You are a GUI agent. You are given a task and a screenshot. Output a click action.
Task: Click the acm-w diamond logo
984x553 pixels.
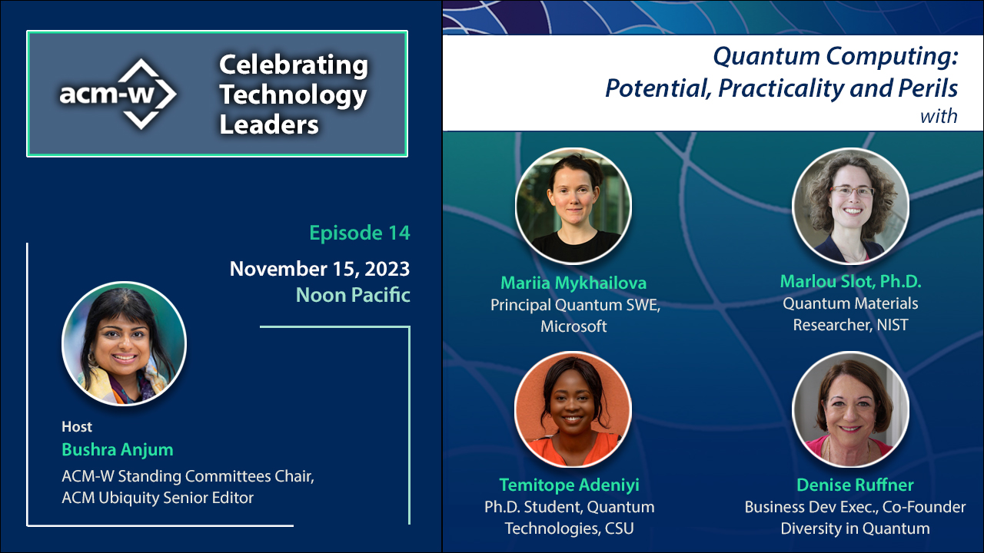(x=120, y=94)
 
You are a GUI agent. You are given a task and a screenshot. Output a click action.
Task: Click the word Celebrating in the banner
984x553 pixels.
(x=293, y=65)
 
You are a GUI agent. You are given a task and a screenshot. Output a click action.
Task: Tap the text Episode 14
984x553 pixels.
(x=359, y=233)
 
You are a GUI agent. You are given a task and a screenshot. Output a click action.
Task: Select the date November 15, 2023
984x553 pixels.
(x=319, y=269)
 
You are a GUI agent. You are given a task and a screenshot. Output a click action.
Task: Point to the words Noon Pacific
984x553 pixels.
(x=353, y=295)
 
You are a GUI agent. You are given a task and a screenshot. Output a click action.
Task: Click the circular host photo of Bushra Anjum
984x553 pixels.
(x=124, y=343)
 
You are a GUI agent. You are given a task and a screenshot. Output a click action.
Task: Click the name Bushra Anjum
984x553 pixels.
(x=117, y=449)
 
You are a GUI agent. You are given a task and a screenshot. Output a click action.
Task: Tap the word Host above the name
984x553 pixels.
(x=77, y=427)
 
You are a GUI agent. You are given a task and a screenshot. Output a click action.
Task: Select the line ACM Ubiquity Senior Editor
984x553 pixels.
(x=158, y=498)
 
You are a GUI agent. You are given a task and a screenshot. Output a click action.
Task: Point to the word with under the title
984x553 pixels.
(x=939, y=117)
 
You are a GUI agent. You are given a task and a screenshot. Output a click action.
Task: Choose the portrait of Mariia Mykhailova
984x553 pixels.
(x=573, y=206)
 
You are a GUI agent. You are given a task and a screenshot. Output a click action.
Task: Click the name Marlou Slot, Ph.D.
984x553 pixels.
(x=850, y=281)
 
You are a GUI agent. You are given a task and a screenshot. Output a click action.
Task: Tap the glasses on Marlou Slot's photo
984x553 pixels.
(x=852, y=191)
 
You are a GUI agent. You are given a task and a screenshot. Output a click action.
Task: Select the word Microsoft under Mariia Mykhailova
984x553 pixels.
(x=573, y=326)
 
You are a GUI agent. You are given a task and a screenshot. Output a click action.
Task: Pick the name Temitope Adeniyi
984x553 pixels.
(x=569, y=485)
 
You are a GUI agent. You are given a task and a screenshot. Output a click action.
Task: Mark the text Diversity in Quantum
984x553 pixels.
(x=855, y=528)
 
